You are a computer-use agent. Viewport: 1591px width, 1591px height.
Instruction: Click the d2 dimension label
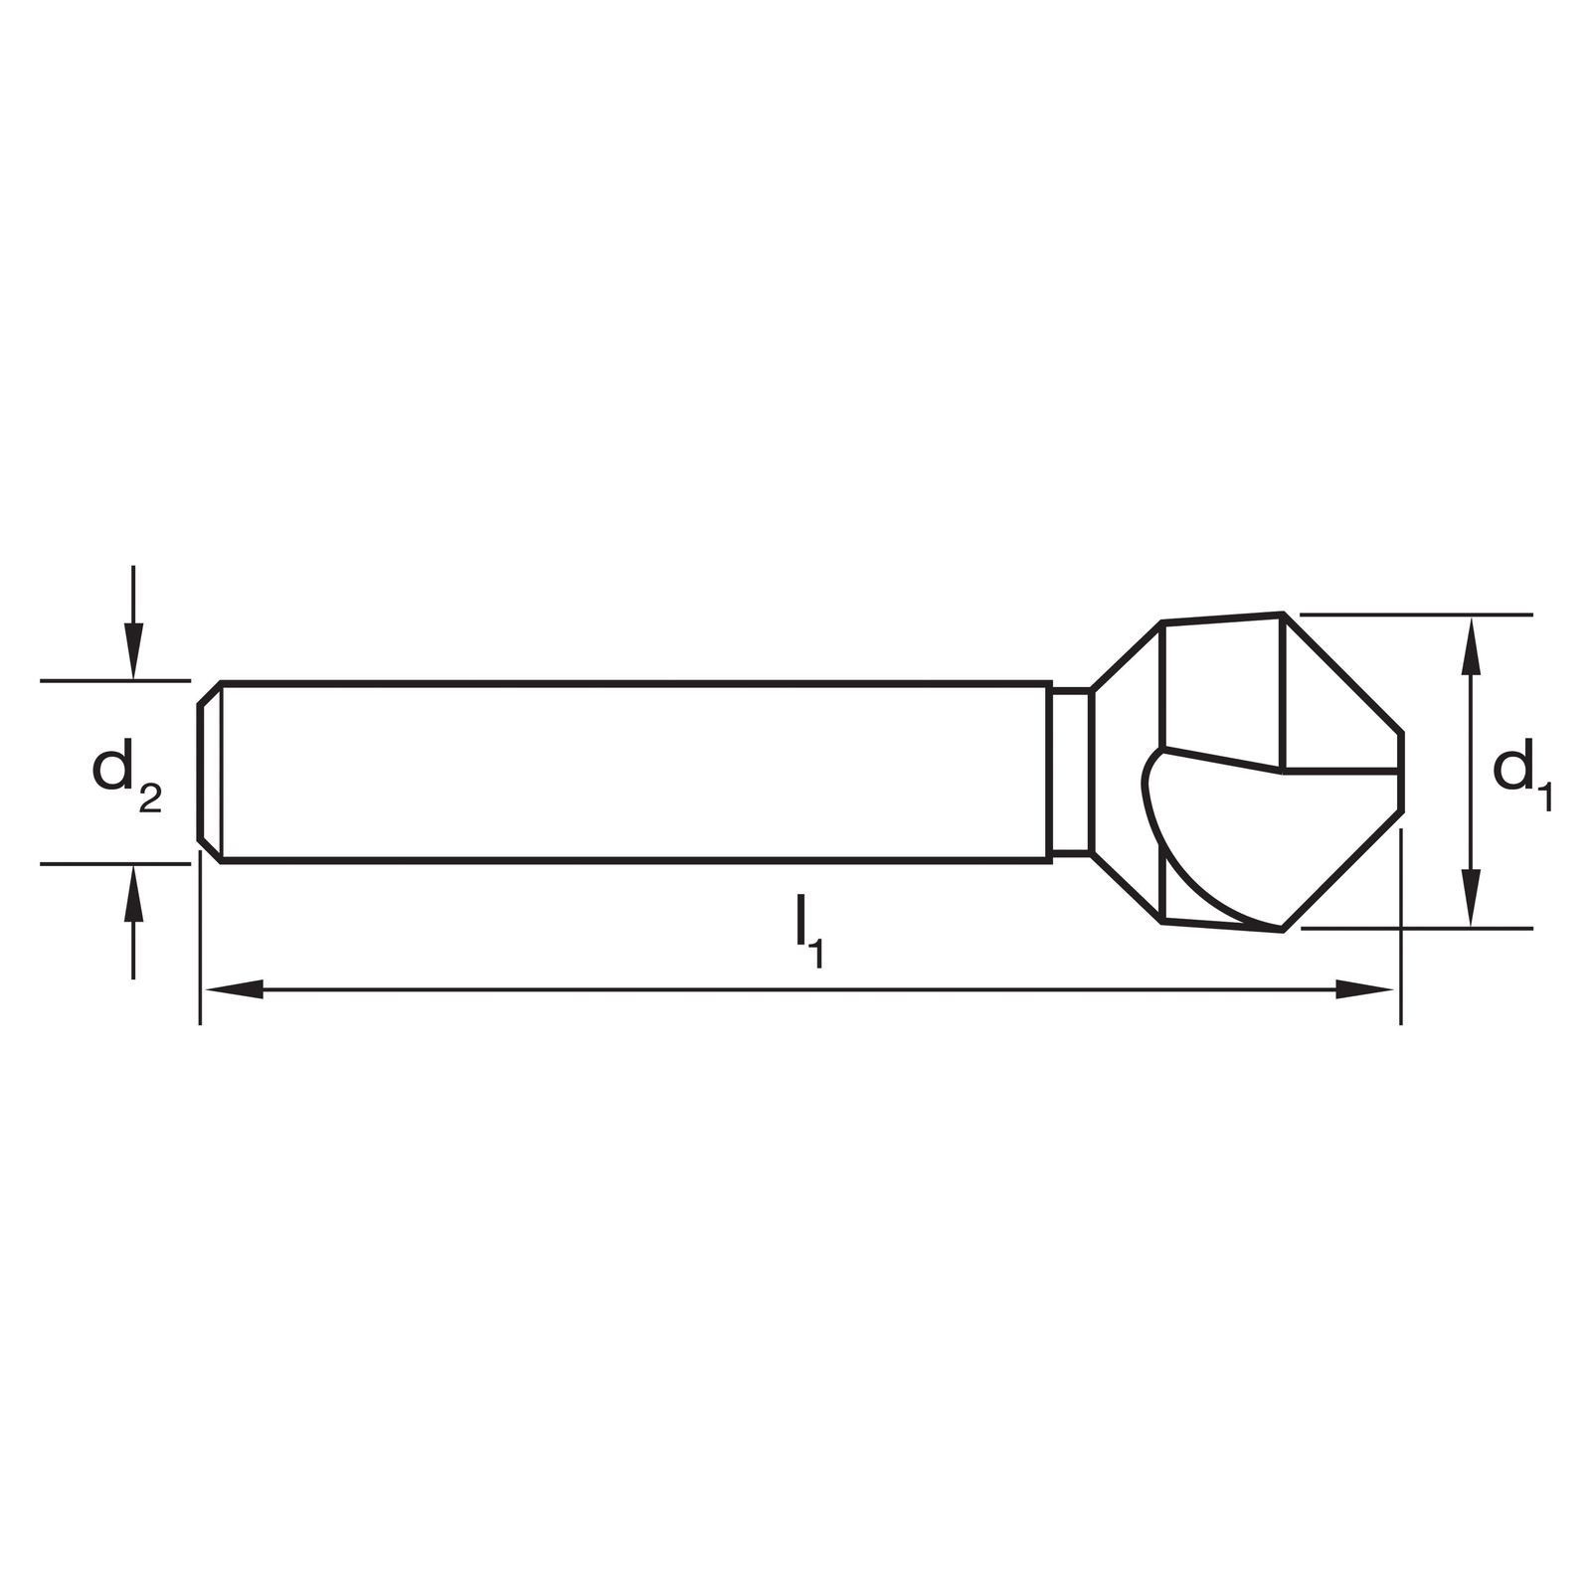tap(126, 779)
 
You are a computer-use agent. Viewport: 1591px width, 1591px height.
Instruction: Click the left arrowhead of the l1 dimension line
tap(233, 989)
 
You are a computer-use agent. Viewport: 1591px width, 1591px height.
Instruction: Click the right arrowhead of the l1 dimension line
tap(1364, 989)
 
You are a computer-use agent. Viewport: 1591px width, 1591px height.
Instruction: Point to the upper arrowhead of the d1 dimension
tap(1471, 645)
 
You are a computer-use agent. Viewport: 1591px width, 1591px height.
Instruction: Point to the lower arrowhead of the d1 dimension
tap(1471, 898)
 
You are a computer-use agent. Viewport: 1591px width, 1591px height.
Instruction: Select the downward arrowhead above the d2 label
tap(133, 651)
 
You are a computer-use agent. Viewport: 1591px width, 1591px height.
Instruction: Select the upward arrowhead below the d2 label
tap(133, 893)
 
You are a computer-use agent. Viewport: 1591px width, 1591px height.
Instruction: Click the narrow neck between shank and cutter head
tap(1071, 771)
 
